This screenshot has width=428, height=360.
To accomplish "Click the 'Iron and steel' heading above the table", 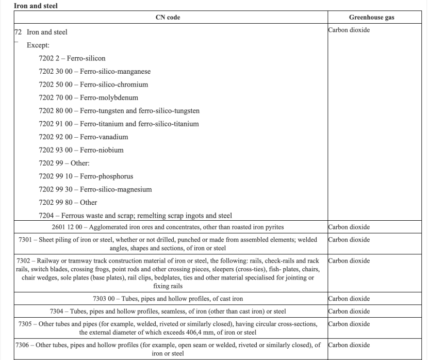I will coord(29,6).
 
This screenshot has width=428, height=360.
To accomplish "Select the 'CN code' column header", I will coord(168,18).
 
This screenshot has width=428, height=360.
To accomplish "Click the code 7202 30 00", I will coord(55,72).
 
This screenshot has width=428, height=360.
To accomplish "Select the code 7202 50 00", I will coord(55,85).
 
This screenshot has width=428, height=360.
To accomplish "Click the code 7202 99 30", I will coord(55,189).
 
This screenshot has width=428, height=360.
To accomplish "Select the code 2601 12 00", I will coord(66,227).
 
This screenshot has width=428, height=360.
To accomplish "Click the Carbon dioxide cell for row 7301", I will coord(349,240).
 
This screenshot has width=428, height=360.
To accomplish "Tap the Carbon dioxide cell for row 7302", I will coord(349,261).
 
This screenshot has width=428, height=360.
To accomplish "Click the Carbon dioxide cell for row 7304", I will coord(349,312).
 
